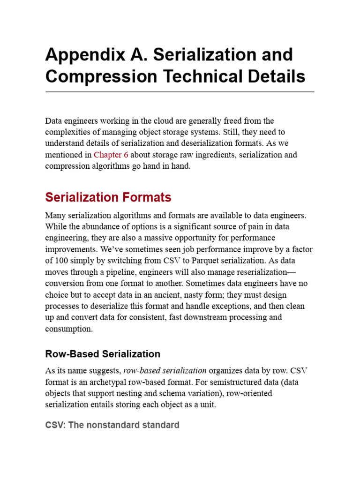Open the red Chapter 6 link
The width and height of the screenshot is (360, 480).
(111, 155)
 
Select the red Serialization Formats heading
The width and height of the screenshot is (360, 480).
(108, 197)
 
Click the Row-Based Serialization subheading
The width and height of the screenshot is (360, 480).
(103, 354)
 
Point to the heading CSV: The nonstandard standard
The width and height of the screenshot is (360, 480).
(112, 425)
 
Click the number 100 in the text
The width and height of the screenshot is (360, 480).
(61, 261)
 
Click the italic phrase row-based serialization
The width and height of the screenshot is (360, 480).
(165, 371)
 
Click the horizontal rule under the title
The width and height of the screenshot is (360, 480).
(180, 92)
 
